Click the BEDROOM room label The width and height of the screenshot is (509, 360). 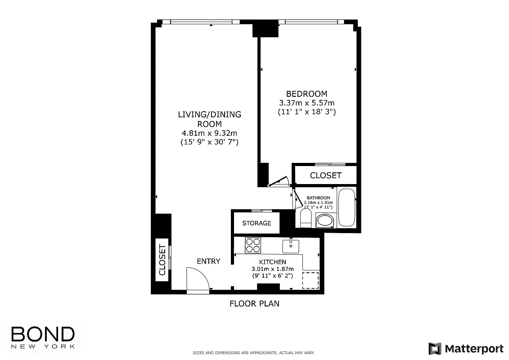306,94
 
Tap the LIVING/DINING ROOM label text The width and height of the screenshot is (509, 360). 209,119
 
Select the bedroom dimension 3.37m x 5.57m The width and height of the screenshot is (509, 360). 306,103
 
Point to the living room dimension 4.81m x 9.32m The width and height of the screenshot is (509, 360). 209,133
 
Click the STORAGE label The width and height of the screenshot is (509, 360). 257,223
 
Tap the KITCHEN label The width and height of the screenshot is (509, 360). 272,262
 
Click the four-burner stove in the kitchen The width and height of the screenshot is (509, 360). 253,245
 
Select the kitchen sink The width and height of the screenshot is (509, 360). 291,246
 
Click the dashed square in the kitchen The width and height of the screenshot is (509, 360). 310,280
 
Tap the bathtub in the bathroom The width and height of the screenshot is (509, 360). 347,207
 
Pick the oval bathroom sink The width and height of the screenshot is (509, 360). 324,220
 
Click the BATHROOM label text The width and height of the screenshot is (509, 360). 318,198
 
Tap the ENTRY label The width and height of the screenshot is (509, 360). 208,261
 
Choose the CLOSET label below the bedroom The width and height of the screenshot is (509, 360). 325,175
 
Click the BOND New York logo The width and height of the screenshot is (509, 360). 43,337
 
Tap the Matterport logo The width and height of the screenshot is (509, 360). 466,348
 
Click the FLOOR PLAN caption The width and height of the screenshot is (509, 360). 254,303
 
